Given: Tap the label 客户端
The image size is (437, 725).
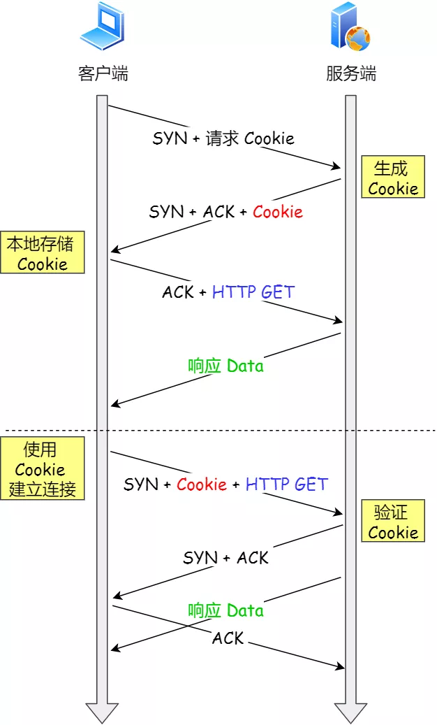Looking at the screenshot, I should pos(103,73).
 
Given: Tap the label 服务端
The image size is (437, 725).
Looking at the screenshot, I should pos(351,73).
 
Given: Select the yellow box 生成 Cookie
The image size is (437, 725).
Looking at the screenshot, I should pos(392,178).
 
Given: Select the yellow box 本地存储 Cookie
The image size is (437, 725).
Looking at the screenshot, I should pos(42,253).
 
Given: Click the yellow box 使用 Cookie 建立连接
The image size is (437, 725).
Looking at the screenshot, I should pos(42,468).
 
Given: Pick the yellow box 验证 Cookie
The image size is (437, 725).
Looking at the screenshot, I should pos(392,522).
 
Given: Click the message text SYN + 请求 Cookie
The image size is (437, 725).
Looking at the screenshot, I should pos(223,138).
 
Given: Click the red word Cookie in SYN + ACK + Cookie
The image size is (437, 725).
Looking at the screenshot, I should pos(278,211).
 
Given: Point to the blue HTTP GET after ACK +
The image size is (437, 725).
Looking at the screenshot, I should pos(253,292).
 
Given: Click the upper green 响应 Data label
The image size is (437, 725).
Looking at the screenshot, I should pos(225,366).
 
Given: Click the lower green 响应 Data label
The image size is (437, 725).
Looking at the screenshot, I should pos(225,610).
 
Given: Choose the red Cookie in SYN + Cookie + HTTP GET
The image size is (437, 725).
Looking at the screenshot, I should pos(202,484).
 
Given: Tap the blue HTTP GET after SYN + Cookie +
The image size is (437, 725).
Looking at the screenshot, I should pos(286,484).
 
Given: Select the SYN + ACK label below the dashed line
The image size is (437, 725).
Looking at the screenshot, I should pos(225,557).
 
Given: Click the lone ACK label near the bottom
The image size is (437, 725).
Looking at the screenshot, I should pos(228,638).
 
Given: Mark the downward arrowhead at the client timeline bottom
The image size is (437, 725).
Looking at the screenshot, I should pos(102,712).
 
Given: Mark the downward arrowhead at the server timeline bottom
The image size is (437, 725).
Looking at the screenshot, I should pos(350,712).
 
